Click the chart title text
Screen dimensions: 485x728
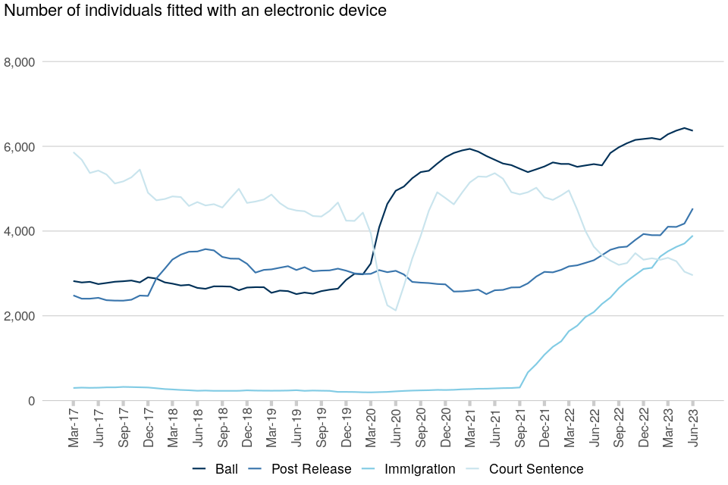coord(194,11)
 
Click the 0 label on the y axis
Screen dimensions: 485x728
coord(33,401)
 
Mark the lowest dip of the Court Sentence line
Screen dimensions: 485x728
coord(396,310)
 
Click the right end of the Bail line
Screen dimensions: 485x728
coord(692,130)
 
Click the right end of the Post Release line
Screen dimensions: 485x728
coord(692,209)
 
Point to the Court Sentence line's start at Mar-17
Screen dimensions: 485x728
coord(74,152)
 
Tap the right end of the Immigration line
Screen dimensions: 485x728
coord(692,236)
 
